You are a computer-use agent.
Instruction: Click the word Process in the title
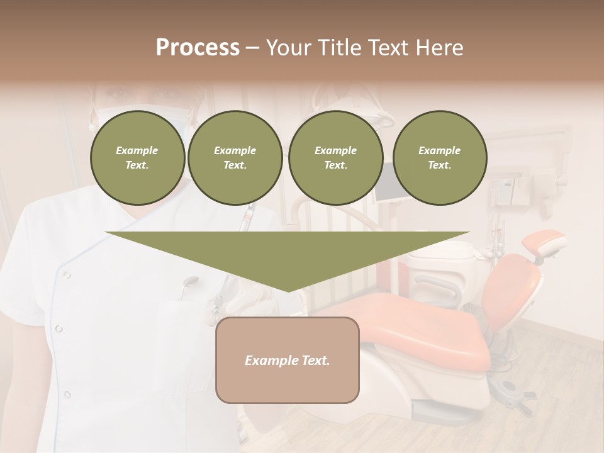(198, 48)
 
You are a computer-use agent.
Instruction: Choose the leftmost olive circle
(138, 158)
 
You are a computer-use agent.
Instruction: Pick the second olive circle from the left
(235, 158)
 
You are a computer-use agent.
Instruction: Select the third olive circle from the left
(335, 158)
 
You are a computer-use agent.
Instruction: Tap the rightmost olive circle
(440, 158)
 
